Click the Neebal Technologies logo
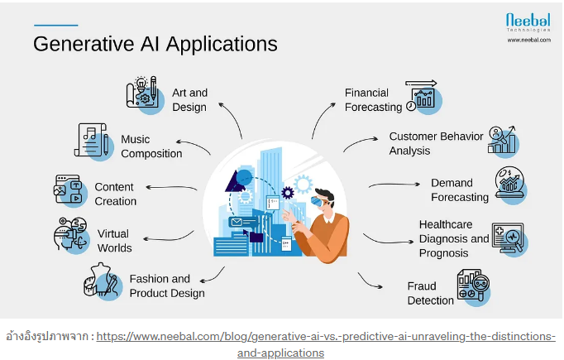528,22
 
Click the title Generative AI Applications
155,45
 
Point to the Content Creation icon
70,191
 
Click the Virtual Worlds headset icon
71,235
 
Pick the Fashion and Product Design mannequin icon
103,281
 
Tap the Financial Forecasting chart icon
423,97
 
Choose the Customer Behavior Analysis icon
503,142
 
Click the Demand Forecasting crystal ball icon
511,185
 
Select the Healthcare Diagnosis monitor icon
509,239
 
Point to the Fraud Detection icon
474,288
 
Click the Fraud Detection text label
431,294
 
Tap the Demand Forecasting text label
460,190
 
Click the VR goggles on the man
318,201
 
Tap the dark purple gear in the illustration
288,193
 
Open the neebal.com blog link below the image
326,344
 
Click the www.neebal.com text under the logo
528,40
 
